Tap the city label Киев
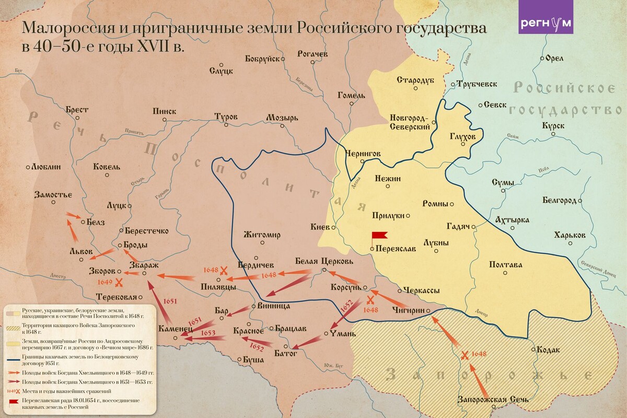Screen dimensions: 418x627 pyautogui.click(x=319, y=227)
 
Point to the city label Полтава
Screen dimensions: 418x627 pyautogui.click(x=505, y=265)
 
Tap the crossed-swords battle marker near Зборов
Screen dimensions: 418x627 pyautogui.click(x=119, y=283)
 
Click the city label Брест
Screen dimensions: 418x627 pyautogui.click(x=77, y=110)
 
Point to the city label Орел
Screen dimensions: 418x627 pyautogui.click(x=554, y=59)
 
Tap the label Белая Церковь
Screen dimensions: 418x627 pyautogui.click(x=324, y=261)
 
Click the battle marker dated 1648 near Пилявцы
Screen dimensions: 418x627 pyautogui.click(x=224, y=270)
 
